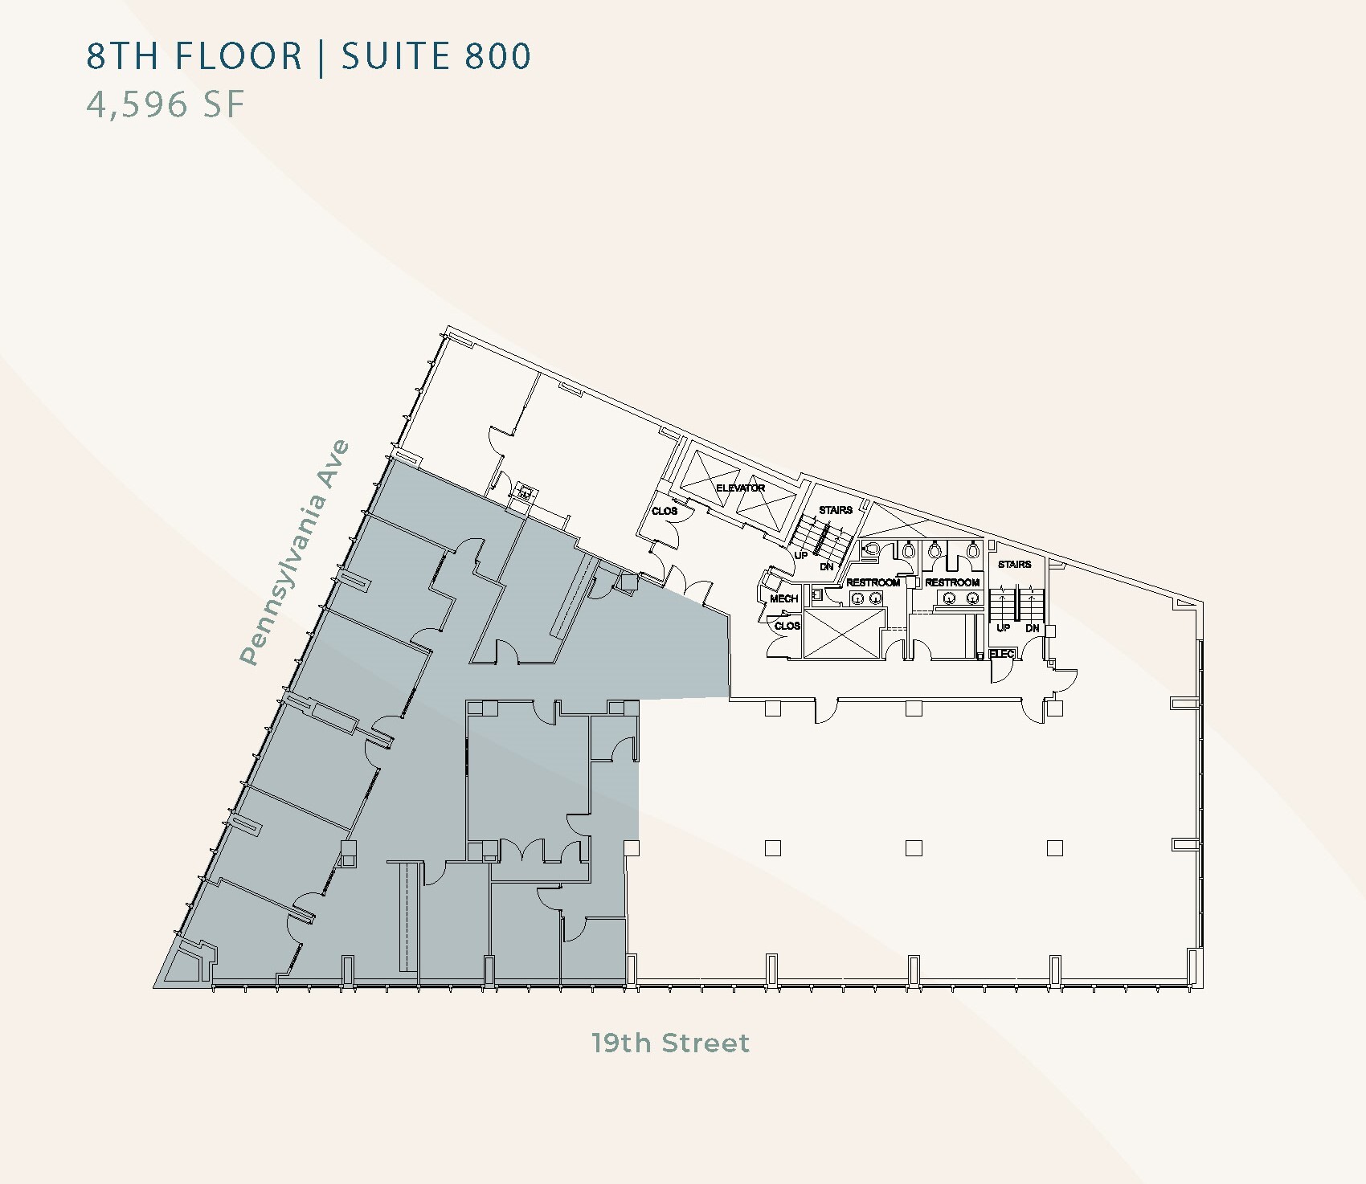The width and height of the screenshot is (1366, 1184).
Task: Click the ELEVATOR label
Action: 740,488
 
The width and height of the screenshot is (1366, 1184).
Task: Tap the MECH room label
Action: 783,599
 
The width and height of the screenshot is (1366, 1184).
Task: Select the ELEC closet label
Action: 1002,654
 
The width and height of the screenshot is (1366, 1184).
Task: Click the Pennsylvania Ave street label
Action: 297,552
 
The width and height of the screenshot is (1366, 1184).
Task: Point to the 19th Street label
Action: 670,1043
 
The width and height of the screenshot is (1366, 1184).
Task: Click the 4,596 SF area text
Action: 166,104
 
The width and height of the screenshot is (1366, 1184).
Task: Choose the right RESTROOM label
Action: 952,582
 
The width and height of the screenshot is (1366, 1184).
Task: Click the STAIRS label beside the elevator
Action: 836,510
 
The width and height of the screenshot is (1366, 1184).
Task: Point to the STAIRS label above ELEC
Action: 1014,565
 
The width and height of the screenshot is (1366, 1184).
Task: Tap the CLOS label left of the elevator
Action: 665,511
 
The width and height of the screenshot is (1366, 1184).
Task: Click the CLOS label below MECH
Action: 787,626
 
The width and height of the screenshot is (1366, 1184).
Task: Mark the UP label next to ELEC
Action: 1003,628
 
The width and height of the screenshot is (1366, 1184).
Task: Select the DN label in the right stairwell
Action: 1033,628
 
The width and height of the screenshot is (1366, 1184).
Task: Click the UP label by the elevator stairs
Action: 801,555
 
